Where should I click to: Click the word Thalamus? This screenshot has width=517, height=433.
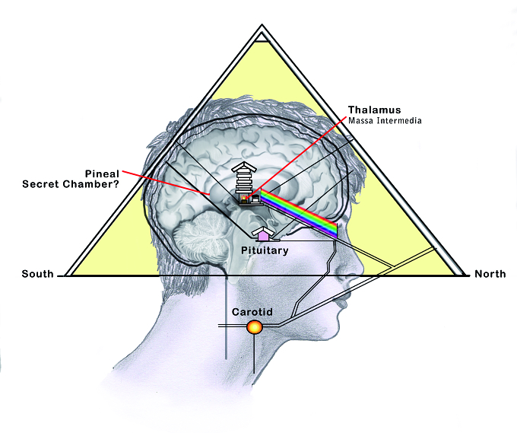374,110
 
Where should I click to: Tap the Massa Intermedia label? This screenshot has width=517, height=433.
385,120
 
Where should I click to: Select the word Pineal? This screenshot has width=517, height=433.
102,174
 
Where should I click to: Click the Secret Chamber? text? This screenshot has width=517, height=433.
71,184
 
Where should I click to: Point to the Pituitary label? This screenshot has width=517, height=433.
265,250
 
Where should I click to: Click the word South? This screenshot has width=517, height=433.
37,274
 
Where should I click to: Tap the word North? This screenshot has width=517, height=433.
490,274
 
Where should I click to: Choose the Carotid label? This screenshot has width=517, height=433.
252,312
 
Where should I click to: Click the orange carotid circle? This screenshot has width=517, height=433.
255,327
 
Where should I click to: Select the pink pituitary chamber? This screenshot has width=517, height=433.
263,236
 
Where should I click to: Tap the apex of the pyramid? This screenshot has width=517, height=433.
262,24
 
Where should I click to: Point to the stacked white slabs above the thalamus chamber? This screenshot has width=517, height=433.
244,177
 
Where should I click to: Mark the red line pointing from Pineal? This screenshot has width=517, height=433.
166,182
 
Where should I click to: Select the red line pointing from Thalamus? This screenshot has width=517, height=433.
298,158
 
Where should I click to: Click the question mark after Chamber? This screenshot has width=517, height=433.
116,184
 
